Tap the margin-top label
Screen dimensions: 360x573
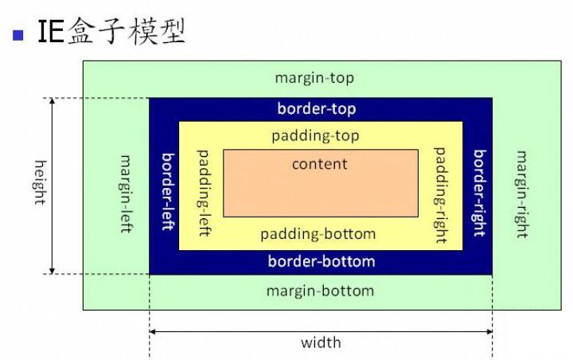pos(314,78)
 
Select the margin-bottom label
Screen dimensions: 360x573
pos(320,291)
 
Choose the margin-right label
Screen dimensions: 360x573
pos(521,194)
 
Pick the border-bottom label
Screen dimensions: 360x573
pos(321,261)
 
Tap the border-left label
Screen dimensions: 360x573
pos(167,191)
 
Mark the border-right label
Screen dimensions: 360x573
pos(479,192)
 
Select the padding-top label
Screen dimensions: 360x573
pos(315,136)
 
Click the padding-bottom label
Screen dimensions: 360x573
pos(318,234)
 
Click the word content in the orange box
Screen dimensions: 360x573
pos(320,165)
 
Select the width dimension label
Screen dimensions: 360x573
pos(321,342)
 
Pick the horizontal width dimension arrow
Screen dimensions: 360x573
pos(239,331)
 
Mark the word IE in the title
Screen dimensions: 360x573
pos(50,33)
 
